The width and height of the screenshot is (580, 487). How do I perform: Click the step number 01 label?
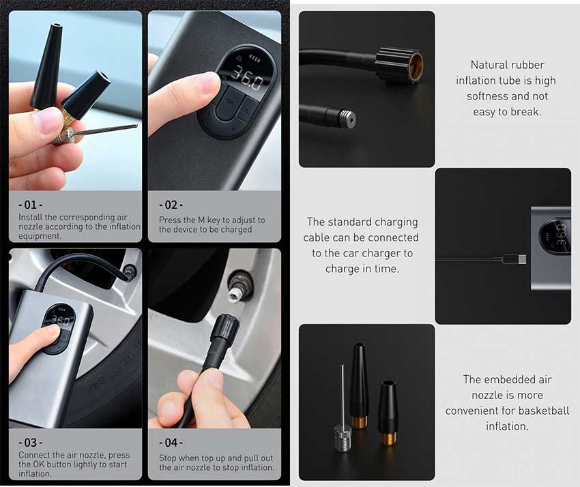pos(30,205)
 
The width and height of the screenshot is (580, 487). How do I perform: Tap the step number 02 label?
pos(171,205)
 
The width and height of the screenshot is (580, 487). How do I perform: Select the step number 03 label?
pos(30,443)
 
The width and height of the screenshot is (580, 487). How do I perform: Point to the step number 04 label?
pos(171,443)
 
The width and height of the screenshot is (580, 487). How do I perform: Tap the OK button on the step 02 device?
pos(231,102)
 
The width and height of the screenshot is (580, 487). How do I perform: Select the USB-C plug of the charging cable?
pos(514,259)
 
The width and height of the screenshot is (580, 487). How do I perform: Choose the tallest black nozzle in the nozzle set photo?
pos(359,385)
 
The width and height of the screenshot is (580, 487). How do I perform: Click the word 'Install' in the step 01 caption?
pos(31,217)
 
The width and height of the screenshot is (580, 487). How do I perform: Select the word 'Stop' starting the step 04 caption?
pos(168,458)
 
